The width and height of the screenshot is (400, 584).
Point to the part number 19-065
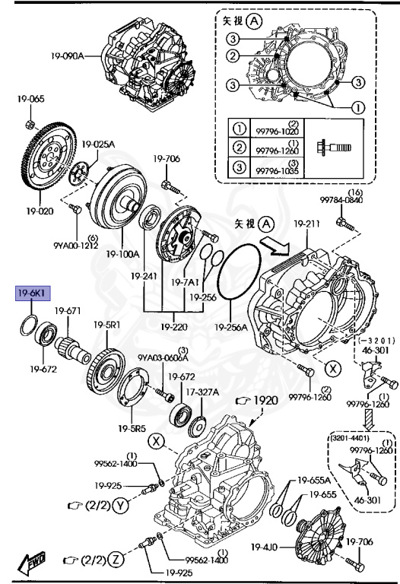pyautogui.click(x=32, y=99)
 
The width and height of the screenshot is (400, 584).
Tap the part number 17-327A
pyautogui.click(x=202, y=392)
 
